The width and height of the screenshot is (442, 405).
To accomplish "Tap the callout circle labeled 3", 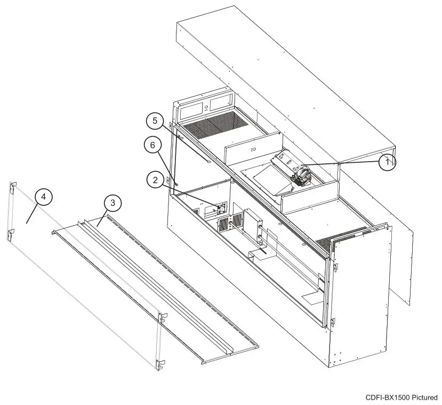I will pyautogui.click(x=112, y=203).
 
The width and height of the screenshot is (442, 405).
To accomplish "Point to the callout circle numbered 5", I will pyautogui.click(x=155, y=122).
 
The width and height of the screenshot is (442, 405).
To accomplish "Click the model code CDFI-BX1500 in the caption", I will pyautogui.click(x=388, y=398).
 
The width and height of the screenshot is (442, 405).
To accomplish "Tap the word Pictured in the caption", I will pyautogui.click(x=424, y=398).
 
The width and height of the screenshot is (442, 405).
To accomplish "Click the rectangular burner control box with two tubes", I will pyautogui.click(x=252, y=226).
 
